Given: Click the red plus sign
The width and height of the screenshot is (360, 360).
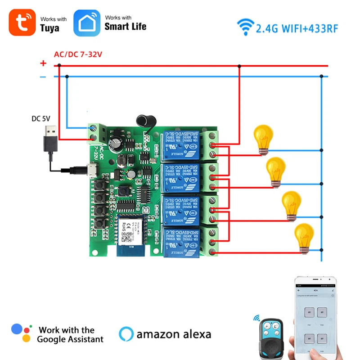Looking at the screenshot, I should [43, 63].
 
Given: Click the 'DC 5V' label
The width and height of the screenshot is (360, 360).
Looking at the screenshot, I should [41, 119].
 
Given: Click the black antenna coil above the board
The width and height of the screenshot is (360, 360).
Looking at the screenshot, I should [144, 119].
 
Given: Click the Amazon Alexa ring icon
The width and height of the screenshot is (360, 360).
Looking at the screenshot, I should [126, 334].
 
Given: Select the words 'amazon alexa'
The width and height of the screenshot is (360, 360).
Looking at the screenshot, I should [174, 334].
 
